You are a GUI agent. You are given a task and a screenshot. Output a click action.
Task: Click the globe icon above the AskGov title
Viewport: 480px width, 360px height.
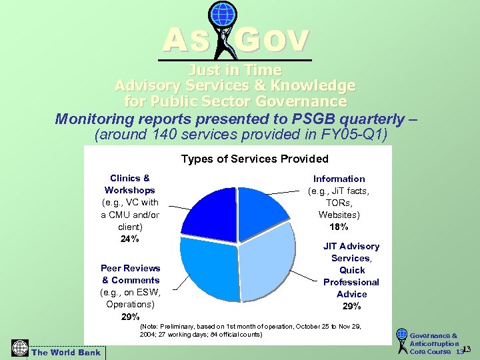[222, 14]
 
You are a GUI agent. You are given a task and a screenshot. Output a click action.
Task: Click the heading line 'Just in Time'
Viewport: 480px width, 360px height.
[235, 70]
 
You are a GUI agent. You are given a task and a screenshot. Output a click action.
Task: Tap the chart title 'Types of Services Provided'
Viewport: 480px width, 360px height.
[255, 159]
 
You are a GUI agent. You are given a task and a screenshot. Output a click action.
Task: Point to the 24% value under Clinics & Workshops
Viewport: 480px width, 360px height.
[130, 239]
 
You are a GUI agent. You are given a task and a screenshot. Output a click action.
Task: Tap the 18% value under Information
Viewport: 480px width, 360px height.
[339, 227]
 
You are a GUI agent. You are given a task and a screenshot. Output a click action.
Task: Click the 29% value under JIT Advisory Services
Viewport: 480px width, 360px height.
[351, 306]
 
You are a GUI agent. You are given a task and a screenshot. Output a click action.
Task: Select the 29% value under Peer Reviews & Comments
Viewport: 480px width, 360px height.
[131, 316]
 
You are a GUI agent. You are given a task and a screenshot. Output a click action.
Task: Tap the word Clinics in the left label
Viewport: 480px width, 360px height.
[125, 178]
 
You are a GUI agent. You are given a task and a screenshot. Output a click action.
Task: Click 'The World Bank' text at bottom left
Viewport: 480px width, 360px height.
[66, 353]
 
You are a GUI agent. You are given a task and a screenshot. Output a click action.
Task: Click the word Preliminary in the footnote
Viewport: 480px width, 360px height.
[183, 326]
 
